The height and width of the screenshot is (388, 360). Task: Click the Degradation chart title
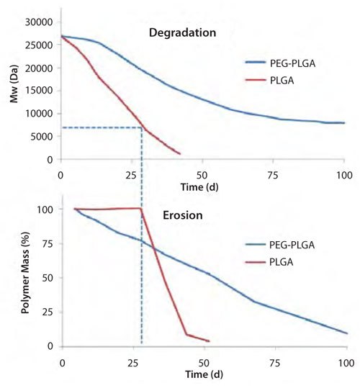182,32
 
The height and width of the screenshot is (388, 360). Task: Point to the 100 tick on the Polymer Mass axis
46,209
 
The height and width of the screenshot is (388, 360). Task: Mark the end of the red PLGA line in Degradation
180,154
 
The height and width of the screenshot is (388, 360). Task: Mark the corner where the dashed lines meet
141,127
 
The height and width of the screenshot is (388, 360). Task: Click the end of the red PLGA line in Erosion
209,341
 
